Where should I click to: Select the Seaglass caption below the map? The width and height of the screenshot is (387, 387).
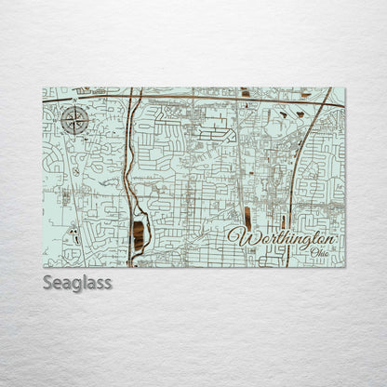tap(77, 281)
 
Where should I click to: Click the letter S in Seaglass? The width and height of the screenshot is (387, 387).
tap(48, 281)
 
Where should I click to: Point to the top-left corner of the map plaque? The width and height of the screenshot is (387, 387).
tap(44, 88)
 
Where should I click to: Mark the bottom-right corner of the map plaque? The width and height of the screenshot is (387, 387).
tap(344, 266)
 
